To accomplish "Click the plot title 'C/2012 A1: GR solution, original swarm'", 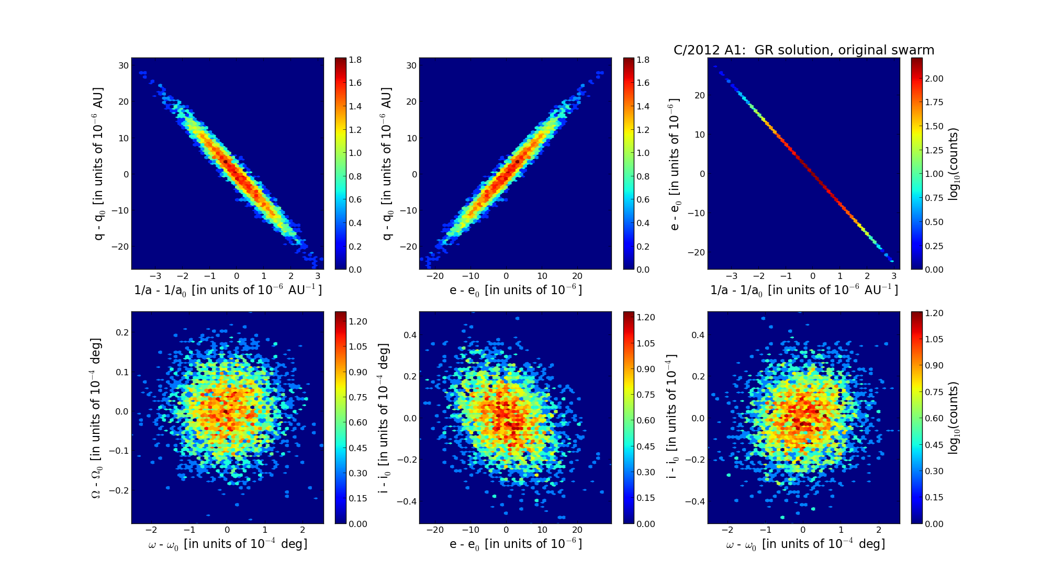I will coord(803,50).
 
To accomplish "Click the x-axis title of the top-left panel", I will coord(228,290).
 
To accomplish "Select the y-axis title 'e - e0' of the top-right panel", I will coord(675,164).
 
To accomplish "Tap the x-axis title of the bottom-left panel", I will coord(228,544).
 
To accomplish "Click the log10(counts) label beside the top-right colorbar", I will coord(953,164).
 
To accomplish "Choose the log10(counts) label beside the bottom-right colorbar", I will coord(953,418).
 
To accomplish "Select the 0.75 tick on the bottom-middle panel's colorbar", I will coord(646,395).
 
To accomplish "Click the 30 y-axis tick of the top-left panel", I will coord(124,65).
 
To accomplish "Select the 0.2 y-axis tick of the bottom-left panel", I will coord(122,332).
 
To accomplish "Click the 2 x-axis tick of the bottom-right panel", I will coord(879,530).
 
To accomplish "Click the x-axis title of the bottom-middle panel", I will coord(516,544).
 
